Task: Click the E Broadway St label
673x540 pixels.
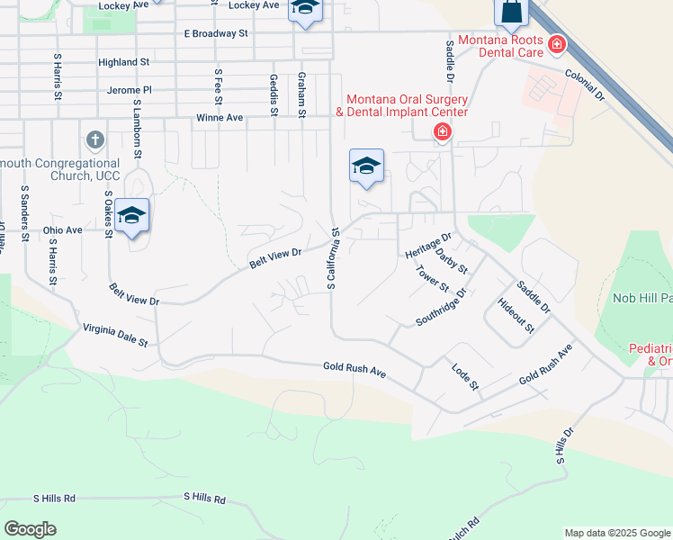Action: click(215, 33)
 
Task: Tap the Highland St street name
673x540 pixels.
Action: click(123, 62)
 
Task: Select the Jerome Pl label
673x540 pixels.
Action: click(130, 90)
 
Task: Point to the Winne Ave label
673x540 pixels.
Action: click(220, 118)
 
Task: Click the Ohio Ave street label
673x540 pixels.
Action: click(62, 230)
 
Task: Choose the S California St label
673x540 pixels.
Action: click(332, 257)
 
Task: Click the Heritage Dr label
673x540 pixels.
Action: click(427, 244)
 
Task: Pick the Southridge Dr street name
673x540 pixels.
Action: click(442, 307)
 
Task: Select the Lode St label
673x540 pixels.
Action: click(466, 376)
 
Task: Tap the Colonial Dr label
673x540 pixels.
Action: click(584, 85)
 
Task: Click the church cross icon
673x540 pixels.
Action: click(94, 140)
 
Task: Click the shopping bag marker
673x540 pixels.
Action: click(510, 12)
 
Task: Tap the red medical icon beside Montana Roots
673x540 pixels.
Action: click(557, 44)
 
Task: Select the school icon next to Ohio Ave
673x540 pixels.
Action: click(131, 215)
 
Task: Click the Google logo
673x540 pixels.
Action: click(30, 529)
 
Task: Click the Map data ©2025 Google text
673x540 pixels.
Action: click(617, 533)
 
